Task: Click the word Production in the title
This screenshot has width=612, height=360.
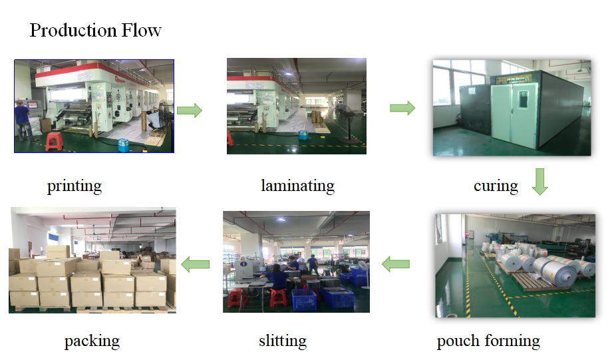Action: (73, 31)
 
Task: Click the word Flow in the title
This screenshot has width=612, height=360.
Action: (141, 31)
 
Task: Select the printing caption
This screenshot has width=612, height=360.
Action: (75, 186)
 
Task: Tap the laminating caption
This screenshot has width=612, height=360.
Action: (298, 186)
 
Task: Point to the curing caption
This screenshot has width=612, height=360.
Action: (496, 186)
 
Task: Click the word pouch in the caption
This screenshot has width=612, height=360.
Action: (458, 341)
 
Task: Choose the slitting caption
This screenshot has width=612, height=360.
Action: (283, 341)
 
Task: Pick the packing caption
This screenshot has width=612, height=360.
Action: (92, 341)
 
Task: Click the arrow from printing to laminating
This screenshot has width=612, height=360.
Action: (190, 110)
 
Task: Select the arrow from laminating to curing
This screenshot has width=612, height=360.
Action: (402, 108)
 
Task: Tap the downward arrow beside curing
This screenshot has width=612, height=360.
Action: (539, 182)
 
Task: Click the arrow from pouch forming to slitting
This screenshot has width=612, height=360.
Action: (395, 264)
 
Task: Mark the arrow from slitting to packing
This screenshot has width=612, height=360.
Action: (196, 264)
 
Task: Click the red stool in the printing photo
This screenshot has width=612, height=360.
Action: (55, 141)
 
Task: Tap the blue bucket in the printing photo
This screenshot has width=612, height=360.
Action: (123, 145)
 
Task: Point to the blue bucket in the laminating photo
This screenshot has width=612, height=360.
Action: (303, 135)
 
